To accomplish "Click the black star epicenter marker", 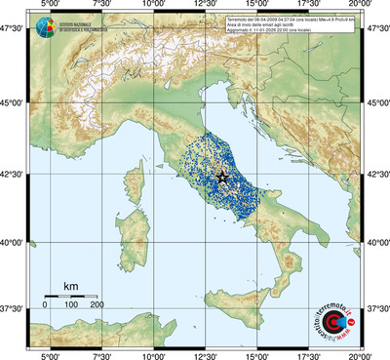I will (222, 177).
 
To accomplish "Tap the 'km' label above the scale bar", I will (70, 286).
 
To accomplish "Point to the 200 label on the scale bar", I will (97, 305).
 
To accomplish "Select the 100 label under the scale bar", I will (71, 305).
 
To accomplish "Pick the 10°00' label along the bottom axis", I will (152, 354).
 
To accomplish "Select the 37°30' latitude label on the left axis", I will (14, 308).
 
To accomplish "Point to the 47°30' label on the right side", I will (376, 28).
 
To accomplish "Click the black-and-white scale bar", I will (71, 296).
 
